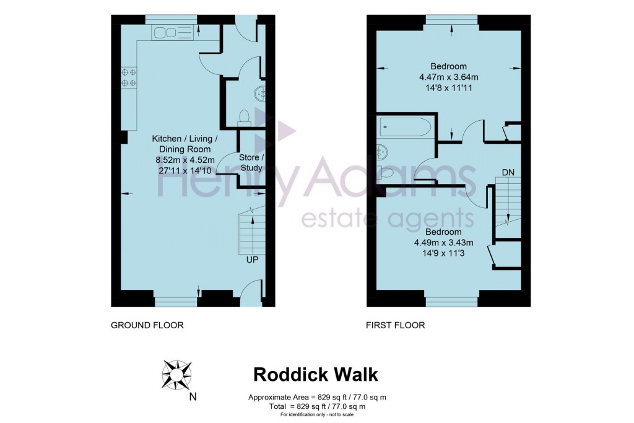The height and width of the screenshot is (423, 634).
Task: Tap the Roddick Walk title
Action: (316, 374)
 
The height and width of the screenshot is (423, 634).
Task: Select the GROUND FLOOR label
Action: (147, 325)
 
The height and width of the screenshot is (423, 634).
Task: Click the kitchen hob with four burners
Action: (129, 77)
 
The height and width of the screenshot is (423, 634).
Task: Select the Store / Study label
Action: (251, 162)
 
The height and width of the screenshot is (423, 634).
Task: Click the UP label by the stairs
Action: (252, 260)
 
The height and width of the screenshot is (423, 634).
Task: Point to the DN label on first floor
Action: (508, 172)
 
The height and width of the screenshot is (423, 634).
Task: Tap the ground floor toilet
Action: (244, 116)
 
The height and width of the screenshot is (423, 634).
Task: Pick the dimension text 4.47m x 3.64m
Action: (448, 77)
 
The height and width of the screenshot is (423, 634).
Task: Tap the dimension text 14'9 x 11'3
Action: (443, 252)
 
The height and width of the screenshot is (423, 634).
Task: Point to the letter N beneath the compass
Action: (193, 397)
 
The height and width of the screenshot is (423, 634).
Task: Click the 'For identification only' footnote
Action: (316, 414)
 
